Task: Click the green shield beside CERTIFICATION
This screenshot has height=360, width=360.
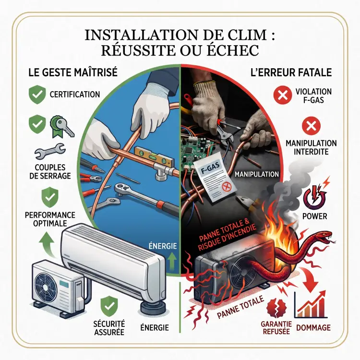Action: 37,95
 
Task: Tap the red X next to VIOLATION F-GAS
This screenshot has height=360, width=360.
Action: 283,95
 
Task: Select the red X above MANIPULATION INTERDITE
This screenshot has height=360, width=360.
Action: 312,127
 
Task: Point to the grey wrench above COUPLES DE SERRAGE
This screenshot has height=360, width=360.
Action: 50,151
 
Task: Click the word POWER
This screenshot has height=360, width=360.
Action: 314,216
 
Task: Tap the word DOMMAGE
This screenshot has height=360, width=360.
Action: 313,327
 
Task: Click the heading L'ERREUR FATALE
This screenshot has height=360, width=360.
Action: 291,72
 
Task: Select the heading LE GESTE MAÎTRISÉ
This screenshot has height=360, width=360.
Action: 73,72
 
